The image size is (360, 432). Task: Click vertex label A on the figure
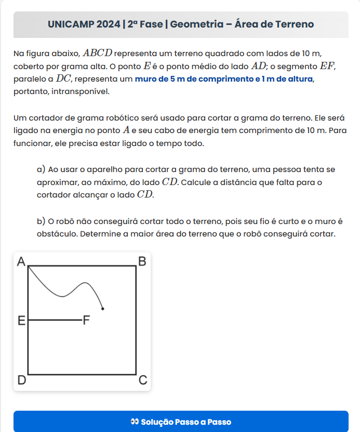(x=21, y=261)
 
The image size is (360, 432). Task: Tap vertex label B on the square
(x=142, y=261)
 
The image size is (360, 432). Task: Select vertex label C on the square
(x=143, y=381)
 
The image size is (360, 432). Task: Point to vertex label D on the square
(x=21, y=381)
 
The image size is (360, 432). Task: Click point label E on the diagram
(x=21, y=320)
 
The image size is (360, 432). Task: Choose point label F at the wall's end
(x=87, y=320)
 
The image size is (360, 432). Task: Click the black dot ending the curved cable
(x=103, y=309)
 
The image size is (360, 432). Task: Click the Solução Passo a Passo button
(x=181, y=422)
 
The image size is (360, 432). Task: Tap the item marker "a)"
(x=42, y=169)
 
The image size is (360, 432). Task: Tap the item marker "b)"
(x=42, y=221)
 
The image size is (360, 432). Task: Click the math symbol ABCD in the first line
(x=97, y=54)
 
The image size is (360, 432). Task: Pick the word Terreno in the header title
(x=293, y=24)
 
